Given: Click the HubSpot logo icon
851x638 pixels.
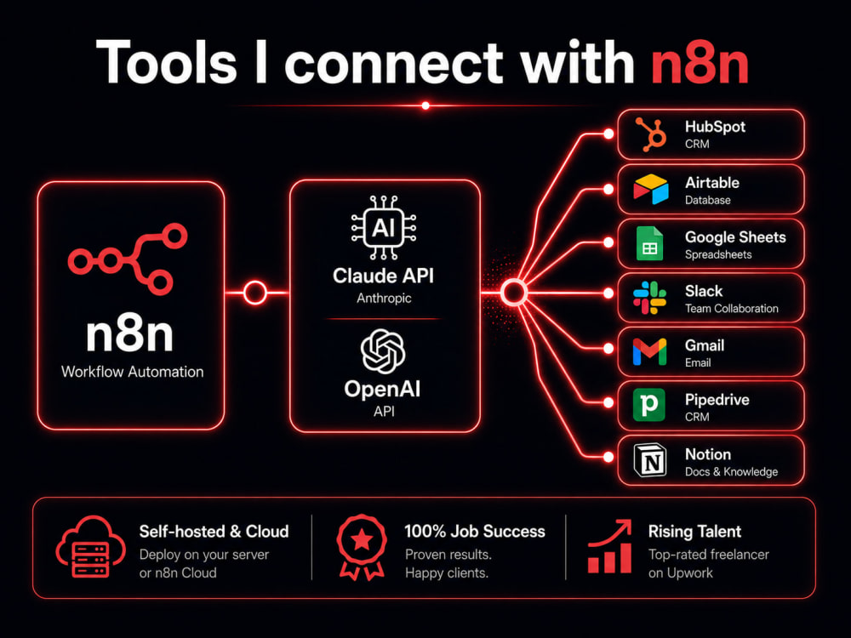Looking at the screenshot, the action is [x=651, y=134].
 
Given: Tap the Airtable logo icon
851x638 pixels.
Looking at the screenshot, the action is [x=651, y=190].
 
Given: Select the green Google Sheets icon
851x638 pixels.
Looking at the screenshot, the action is [x=650, y=243].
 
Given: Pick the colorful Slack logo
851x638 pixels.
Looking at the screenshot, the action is [x=649, y=298].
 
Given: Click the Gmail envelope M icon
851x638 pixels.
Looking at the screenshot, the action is [x=649, y=352].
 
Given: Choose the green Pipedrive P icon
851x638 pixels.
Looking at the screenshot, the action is [x=649, y=405].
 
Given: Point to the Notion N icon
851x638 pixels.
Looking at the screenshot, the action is [x=650, y=460].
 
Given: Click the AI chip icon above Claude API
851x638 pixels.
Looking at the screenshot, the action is [x=384, y=227].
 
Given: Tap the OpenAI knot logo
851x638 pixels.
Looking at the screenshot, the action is [x=383, y=351].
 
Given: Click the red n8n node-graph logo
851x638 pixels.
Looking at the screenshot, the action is [x=129, y=259].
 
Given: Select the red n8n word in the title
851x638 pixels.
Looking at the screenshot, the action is [x=700, y=64].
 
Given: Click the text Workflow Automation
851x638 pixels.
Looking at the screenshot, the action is [x=133, y=372].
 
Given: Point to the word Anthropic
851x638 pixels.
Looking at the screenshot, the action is [x=384, y=298].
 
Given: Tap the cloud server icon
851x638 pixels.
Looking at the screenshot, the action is [x=91, y=547].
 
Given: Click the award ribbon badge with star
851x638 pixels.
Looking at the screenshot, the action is [x=362, y=547].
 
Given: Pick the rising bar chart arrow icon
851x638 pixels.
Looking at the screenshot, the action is [x=610, y=547].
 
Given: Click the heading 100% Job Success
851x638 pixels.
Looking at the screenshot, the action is [x=475, y=531].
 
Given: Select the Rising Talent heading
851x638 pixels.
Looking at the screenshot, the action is [x=694, y=532].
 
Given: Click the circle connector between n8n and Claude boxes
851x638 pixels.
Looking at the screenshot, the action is [x=255, y=293].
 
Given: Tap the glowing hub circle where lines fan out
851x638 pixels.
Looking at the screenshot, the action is [x=513, y=293].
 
